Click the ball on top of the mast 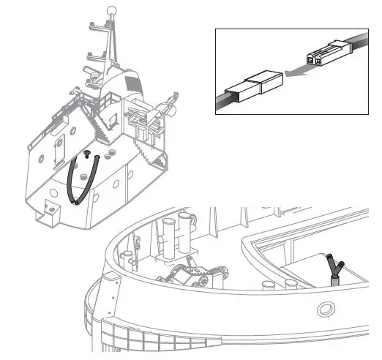(113, 11)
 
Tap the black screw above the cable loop (86, 154)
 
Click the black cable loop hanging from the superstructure (73, 183)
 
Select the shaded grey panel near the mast (132, 83)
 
